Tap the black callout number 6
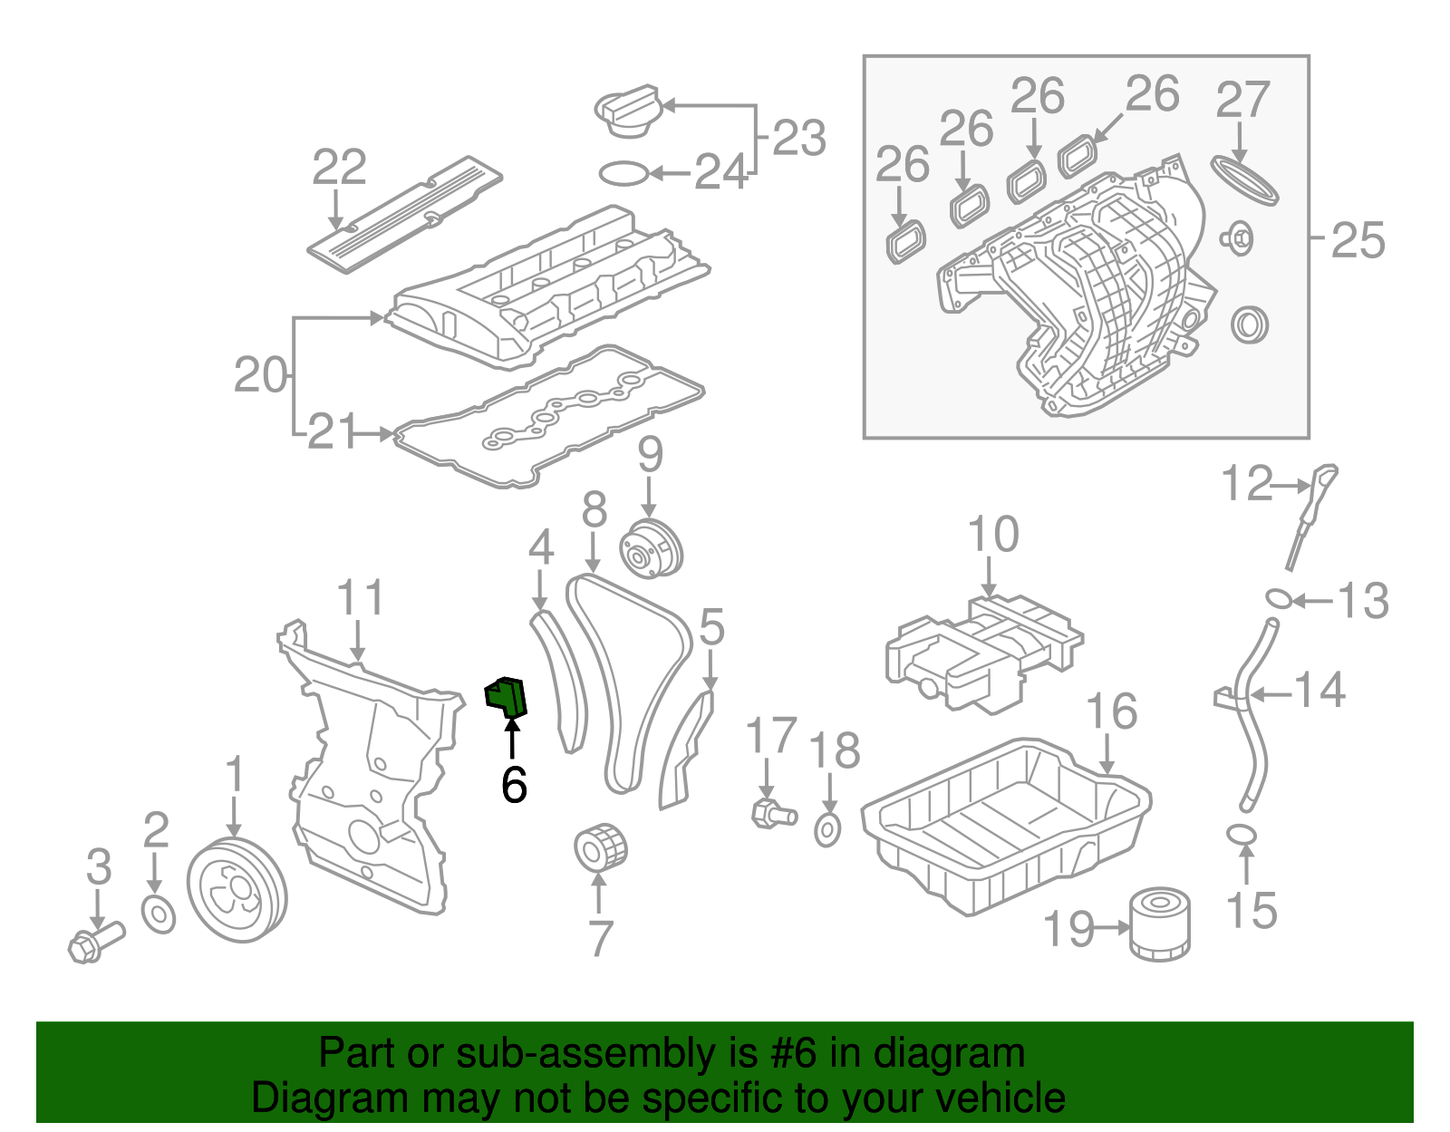(514, 785)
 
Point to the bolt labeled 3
(94, 942)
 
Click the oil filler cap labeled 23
(626, 111)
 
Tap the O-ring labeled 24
(623, 172)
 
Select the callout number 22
(339, 168)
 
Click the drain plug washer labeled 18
(827, 829)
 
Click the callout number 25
(1358, 241)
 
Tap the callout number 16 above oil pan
(1111, 712)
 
